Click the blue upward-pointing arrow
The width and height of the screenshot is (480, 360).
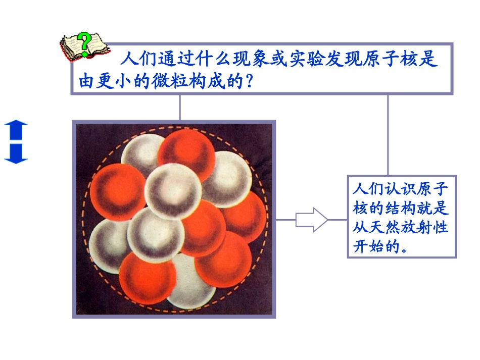point(16,130)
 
